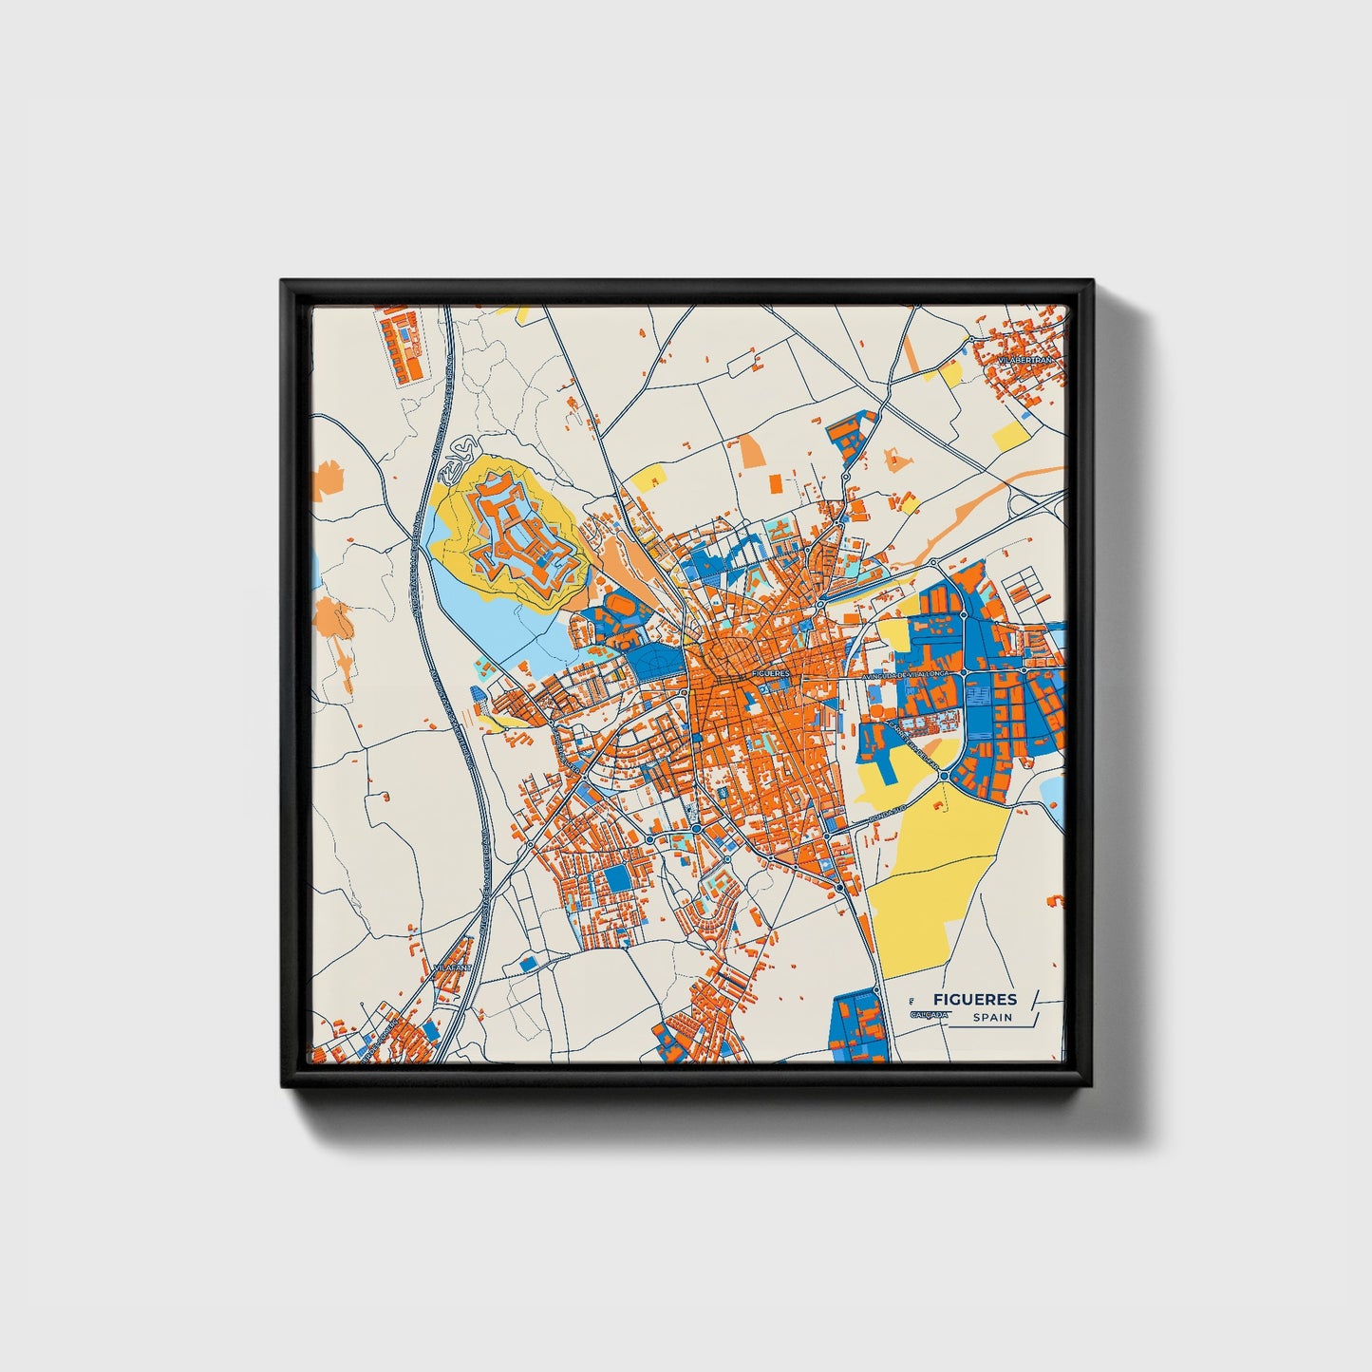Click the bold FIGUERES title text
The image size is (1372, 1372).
click(974, 999)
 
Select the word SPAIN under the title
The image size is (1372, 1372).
click(991, 1018)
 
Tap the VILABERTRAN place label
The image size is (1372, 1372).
click(1025, 362)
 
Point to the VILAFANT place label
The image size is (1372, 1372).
click(451, 967)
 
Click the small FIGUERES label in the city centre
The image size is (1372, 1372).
click(770, 673)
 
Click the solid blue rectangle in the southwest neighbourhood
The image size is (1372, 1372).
click(617, 877)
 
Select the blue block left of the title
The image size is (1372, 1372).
click(859, 1025)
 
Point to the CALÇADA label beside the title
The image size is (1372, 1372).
click(928, 1015)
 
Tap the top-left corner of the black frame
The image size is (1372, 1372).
click(284, 283)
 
